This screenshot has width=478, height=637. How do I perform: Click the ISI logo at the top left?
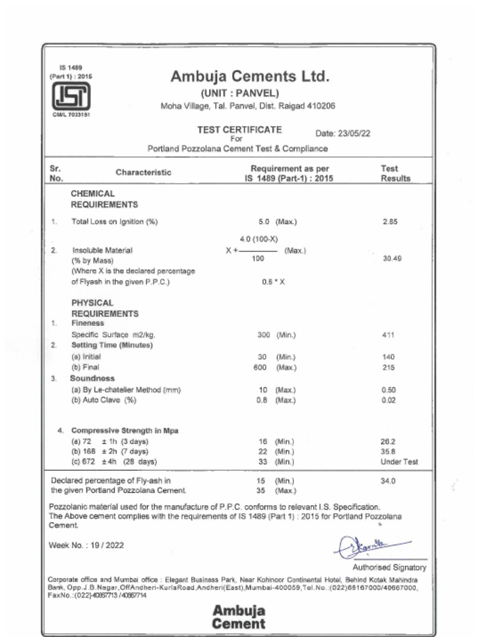[70, 96]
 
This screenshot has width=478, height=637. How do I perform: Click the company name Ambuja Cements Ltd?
[250, 77]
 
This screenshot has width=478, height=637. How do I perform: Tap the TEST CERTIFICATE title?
[239, 130]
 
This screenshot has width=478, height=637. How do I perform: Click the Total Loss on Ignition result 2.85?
[390, 221]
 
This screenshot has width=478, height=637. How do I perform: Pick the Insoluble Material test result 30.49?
[391, 258]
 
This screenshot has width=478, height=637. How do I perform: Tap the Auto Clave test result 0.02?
[388, 400]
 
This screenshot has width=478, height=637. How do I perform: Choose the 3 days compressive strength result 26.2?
[388, 441]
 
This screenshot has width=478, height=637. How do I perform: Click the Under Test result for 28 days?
[399, 462]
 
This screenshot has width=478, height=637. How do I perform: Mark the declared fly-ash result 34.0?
[388, 481]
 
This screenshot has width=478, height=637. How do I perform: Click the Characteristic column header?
[143, 172]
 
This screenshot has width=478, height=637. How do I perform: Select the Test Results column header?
[396, 173]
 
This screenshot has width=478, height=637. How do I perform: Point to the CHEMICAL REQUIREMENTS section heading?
[104, 199]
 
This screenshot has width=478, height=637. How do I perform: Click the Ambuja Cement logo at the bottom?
[239, 616]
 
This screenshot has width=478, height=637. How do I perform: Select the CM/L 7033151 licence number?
[71, 114]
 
